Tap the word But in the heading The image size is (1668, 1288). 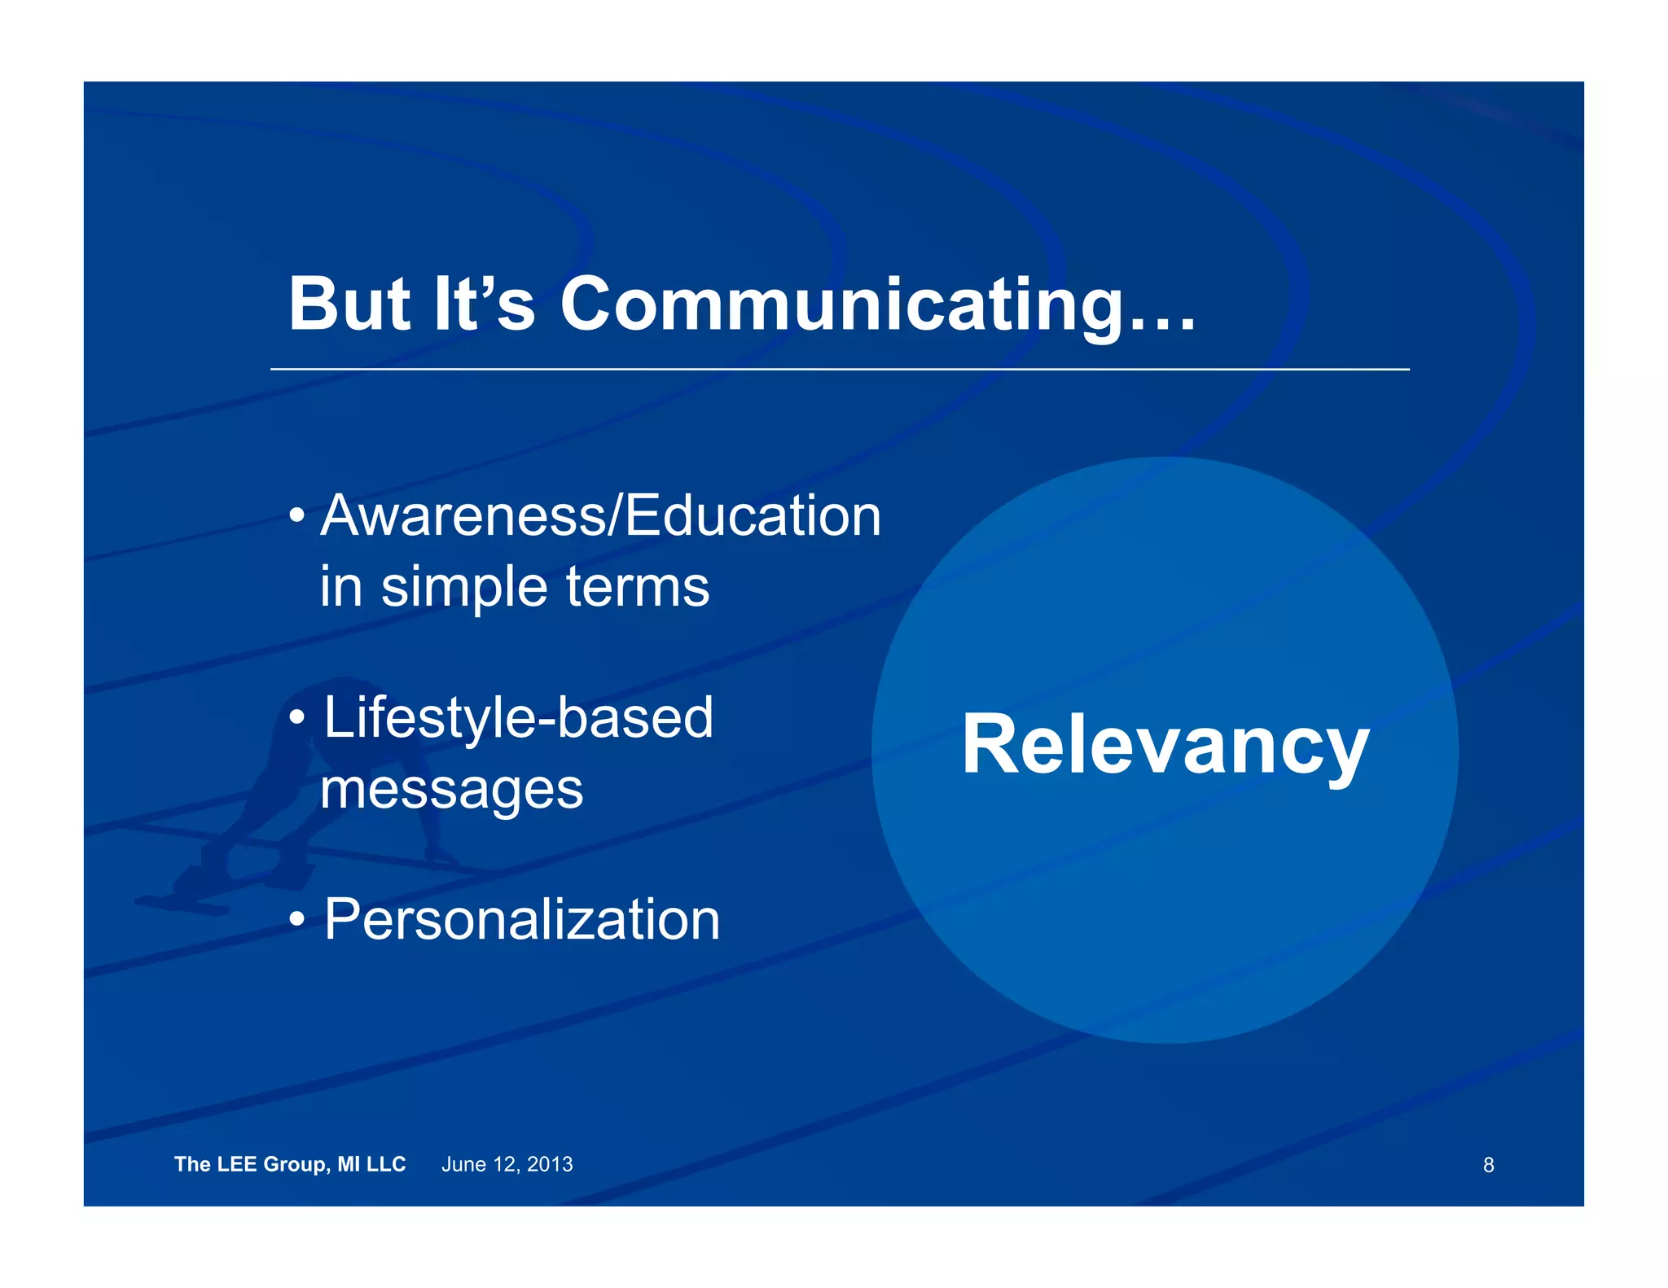pyautogui.click(x=349, y=305)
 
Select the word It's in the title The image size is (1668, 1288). pyautogui.click(x=484, y=305)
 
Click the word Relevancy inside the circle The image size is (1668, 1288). pyautogui.click(x=1165, y=745)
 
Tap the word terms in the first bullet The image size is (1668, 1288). pyautogui.click(x=638, y=588)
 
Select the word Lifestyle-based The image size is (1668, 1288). pyautogui.click(x=518, y=718)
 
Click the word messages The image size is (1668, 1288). pyautogui.click(x=452, y=790)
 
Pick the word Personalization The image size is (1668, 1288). pyautogui.click(x=521, y=920)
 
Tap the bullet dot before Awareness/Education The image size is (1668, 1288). pyautogui.click(x=297, y=516)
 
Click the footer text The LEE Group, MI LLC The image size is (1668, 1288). pyautogui.click(x=290, y=1164)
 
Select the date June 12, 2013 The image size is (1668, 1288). pyautogui.click(x=507, y=1164)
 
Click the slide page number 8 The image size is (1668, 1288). pyautogui.click(x=1488, y=1165)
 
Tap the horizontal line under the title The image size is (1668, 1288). pyautogui.click(x=839, y=369)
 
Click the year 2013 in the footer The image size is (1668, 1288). pyautogui.click(x=550, y=1164)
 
